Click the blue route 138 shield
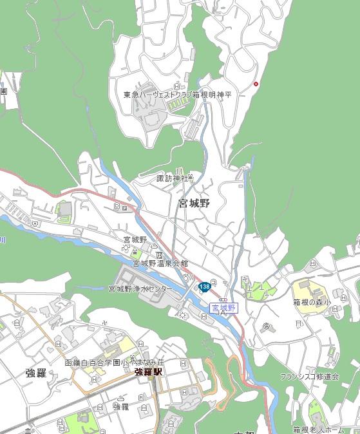click(x=205, y=287)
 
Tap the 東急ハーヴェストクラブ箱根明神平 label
click(x=176, y=95)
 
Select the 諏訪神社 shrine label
click(x=175, y=178)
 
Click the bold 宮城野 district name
click(x=194, y=203)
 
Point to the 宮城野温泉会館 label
click(x=160, y=263)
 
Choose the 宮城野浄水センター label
click(x=140, y=289)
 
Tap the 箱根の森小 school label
click(x=312, y=301)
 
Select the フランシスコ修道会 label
click(x=309, y=376)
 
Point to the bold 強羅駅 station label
click(x=147, y=372)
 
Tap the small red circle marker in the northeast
click(x=256, y=84)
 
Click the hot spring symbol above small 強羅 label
click(x=120, y=397)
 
